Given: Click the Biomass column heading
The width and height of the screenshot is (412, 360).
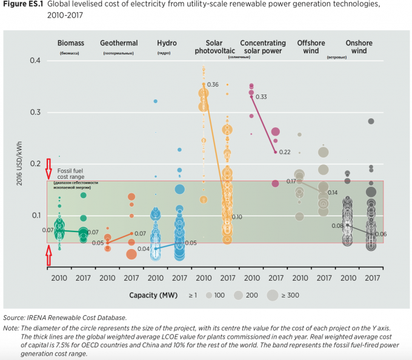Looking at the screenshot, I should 71,43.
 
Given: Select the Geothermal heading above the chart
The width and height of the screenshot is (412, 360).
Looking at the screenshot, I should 119,43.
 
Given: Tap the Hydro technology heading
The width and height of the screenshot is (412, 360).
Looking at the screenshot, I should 167,43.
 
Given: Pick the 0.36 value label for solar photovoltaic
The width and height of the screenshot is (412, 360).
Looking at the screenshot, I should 213,84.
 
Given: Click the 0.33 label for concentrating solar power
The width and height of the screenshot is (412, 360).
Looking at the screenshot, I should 262,97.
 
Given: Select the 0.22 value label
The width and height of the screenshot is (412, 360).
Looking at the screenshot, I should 285,152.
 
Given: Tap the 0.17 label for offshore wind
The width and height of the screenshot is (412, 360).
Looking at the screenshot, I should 291,181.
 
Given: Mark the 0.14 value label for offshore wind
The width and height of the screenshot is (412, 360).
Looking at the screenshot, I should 333,192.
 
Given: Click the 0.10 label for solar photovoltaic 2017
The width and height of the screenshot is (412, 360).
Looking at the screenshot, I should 237,216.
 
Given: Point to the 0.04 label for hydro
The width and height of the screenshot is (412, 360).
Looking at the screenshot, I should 144,249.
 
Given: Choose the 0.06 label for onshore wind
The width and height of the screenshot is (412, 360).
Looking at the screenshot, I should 381,234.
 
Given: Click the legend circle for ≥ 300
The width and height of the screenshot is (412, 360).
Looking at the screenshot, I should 273,295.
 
